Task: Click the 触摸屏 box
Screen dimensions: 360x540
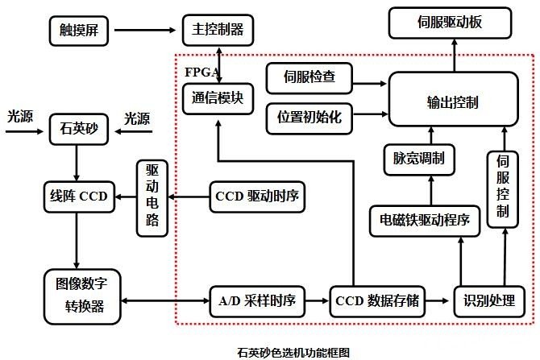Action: coord(78,31)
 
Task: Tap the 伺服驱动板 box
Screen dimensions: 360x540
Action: coord(451,22)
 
